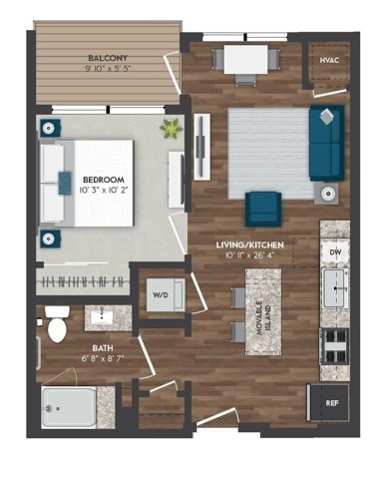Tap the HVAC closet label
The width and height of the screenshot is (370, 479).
click(329, 62)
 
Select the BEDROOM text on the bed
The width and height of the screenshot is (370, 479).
click(97, 171)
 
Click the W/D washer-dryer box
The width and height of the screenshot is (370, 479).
click(161, 294)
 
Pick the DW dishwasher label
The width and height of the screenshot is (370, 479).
click(335, 252)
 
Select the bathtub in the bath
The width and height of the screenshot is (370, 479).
click(68, 407)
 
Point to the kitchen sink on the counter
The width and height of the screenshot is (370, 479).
click(334, 294)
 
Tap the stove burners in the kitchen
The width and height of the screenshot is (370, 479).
click(333, 346)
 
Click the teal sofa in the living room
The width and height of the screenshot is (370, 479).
click(326, 142)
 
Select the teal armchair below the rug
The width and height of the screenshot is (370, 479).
click(264, 207)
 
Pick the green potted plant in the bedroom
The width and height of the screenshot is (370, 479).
click(171, 128)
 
